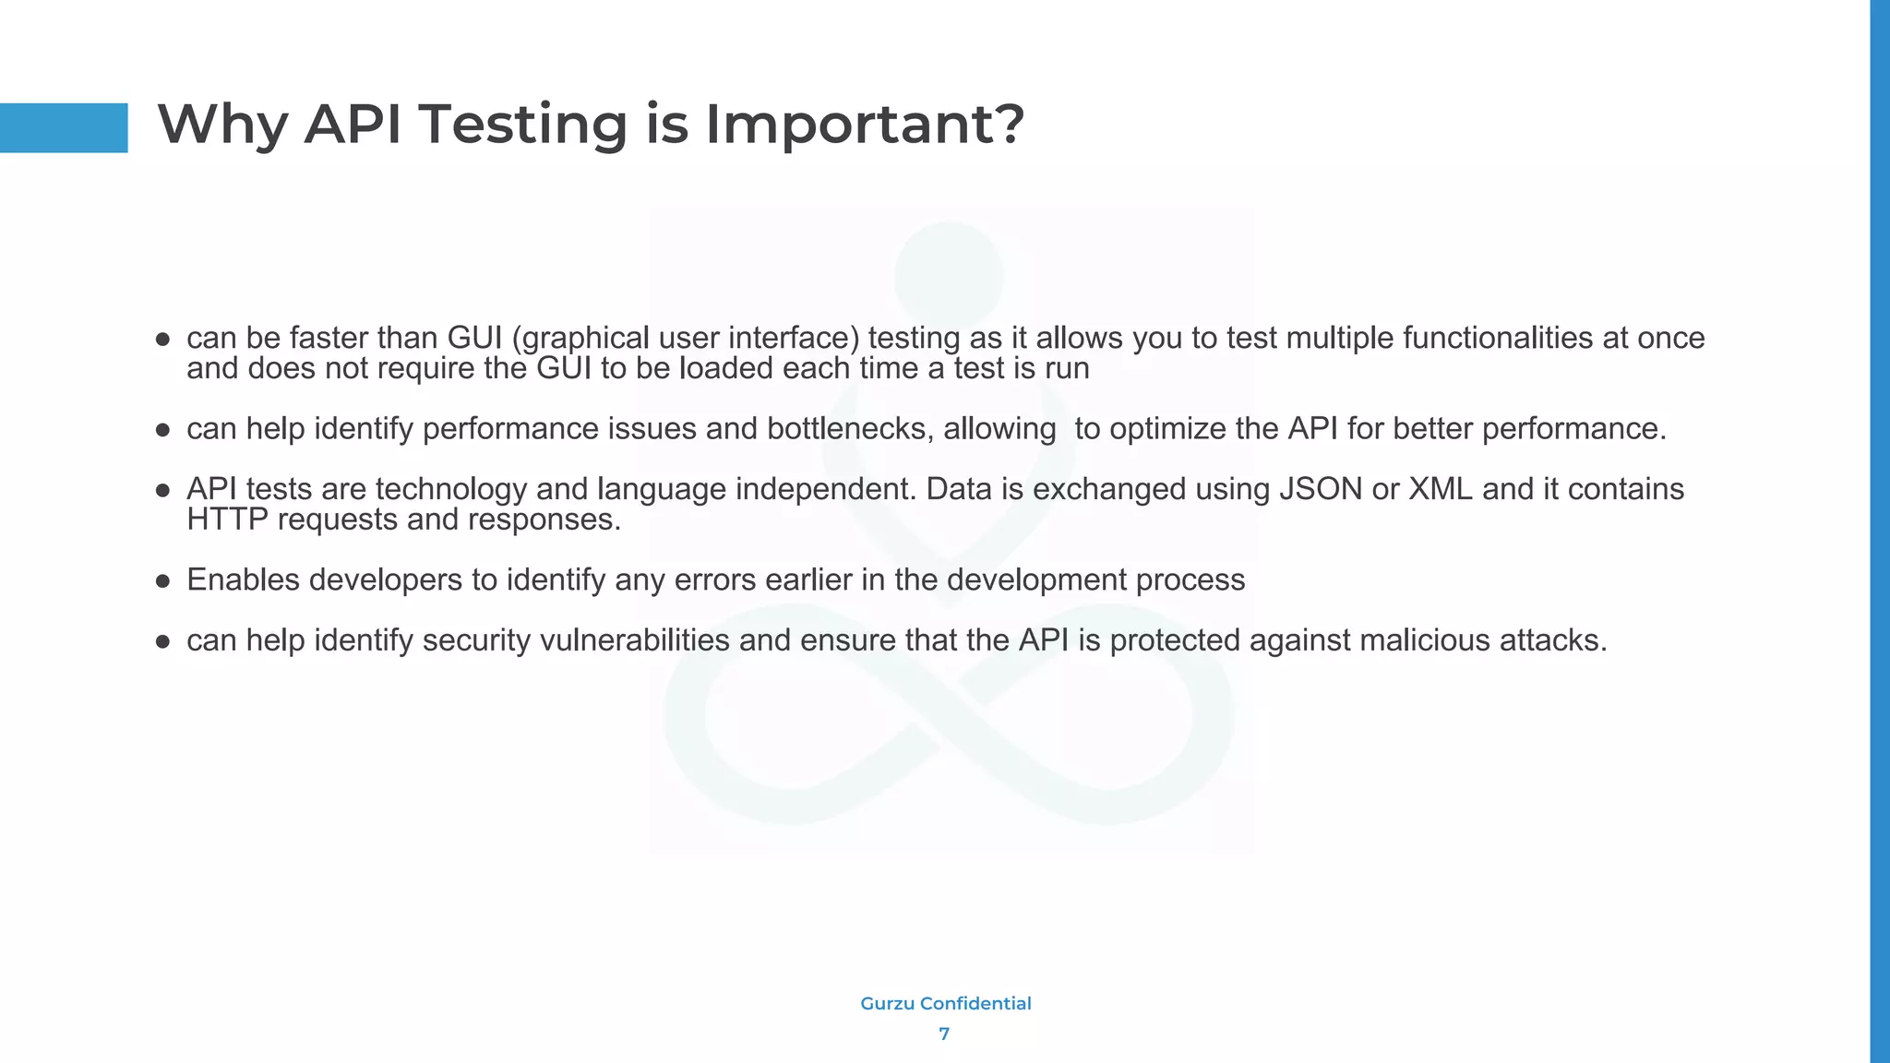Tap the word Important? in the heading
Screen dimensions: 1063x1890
click(x=865, y=125)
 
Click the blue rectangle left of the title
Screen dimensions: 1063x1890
click(x=64, y=127)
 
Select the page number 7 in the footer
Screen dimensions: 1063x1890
click(x=944, y=1034)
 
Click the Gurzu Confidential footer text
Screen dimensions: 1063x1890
click(x=945, y=1004)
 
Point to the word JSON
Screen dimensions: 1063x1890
click(x=1321, y=489)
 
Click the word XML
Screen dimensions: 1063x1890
click(x=1440, y=489)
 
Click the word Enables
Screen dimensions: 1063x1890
click(x=243, y=580)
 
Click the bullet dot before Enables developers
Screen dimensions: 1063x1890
click(x=163, y=581)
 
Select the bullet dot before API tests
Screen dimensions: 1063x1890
click(x=163, y=491)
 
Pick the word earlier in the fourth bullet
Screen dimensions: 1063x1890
click(x=809, y=580)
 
